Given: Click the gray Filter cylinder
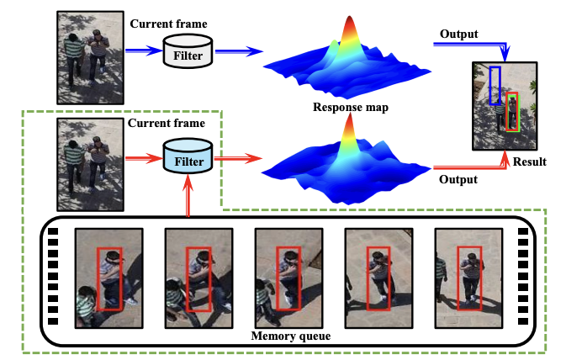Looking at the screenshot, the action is pyautogui.click(x=188, y=51).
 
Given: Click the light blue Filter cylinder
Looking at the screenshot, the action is pyautogui.click(x=188, y=156).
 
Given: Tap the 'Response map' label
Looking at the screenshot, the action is pyautogui.click(x=351, y=107).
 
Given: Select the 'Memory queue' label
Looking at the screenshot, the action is pyautogui.click(x=291, y=336).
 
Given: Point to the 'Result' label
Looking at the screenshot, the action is pyautogui.click(x=530, y=161).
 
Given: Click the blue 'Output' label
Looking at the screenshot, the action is pyautogui.click(x=459, y=34).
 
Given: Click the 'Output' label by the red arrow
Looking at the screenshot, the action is pyautogui.click(x=458, y=179).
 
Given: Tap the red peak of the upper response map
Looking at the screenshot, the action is pyautogui.click(x=349, y=21).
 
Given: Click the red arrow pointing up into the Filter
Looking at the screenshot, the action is pyautogui.click(x=188, y=196).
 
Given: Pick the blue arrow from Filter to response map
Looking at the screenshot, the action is pyautogui.click(x=239, y=51).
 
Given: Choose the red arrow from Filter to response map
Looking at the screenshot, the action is pyautogui.click(x=238, y=158).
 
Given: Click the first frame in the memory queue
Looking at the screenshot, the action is pyautogui.click(x=109, y=278).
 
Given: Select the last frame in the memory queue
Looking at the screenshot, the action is pyautogui.click(x=469, y=278).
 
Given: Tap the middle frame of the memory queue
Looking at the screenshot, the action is pyautogui.click(x=288, y=278).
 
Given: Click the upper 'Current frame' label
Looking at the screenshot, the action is pyautogui.click(x=168, y=24).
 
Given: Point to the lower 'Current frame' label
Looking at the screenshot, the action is pyautogui.click(x=167, y=123).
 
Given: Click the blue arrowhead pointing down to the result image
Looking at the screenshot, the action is pyautogui.click(x=505, y=55).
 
